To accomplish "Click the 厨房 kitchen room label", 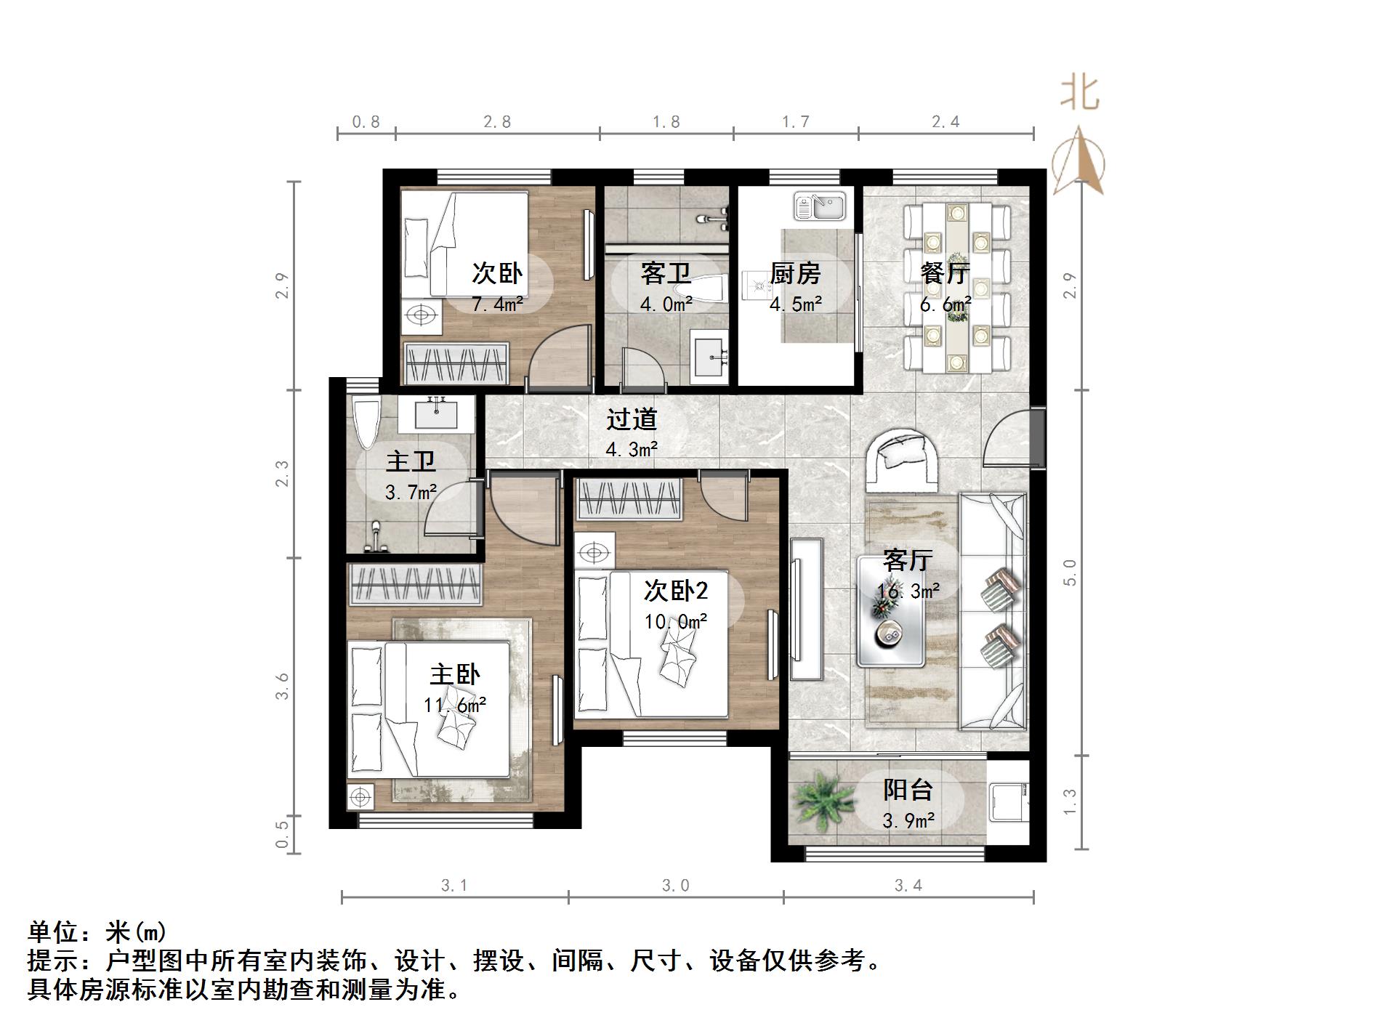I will (x=795, y=274).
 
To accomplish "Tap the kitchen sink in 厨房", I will (x=819, y=206).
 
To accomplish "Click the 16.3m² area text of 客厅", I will (x=908, y=591).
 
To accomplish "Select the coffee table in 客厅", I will (x=891, y=611).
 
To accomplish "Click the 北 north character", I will (x=1079, y=94).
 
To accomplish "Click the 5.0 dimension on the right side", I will (x=1069, y=573).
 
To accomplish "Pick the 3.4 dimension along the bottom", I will (x=908, y=885).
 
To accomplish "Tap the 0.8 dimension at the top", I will (x=366, y=122).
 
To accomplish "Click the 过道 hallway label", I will (x=632, y=419).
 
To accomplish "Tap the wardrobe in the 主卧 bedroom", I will (x=416, y=586).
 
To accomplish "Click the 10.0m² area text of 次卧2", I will (x=675, y=622).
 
